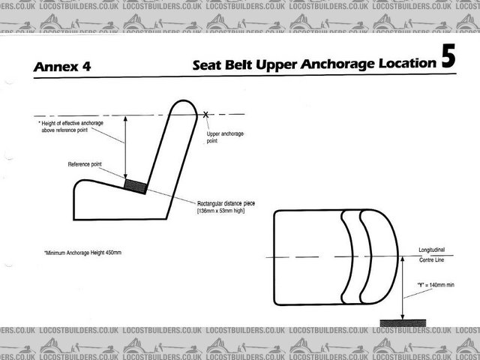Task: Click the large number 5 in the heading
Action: pos(448,56)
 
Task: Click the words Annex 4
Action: pos(62,67)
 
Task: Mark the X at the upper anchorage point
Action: pos(205,115)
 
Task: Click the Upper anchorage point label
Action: pos(225,137)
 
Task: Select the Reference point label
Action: pos(85,164)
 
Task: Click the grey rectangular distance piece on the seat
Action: pos(135,187)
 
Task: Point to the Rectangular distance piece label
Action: pos(226,203)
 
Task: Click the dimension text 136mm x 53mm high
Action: pos(220,211)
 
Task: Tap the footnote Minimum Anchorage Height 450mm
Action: pos(83,253)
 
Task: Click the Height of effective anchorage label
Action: pos(71,127)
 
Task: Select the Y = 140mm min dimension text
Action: pos(436,285)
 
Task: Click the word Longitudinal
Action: pos(432,250)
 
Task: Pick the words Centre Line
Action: pos(432,260)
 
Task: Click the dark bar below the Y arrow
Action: pos(403,323)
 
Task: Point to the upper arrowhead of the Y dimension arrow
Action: pos(403,259)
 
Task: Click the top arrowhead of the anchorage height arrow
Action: pos(125,119)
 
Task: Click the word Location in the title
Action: pos(407,63)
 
